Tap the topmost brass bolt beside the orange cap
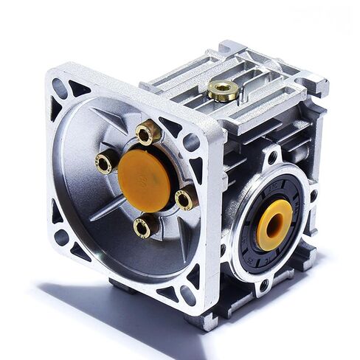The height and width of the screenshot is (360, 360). click(x=148, y=134)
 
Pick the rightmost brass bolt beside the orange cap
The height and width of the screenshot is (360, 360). click(x=184, y=198)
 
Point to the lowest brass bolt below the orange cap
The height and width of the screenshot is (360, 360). click(x=142, y=227)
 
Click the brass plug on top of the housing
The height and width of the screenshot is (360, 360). click(x=222, y=91)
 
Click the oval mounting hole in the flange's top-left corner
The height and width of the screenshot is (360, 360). click(x=60, y=87)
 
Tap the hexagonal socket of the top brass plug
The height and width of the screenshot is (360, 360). click(x=222, y=89)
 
